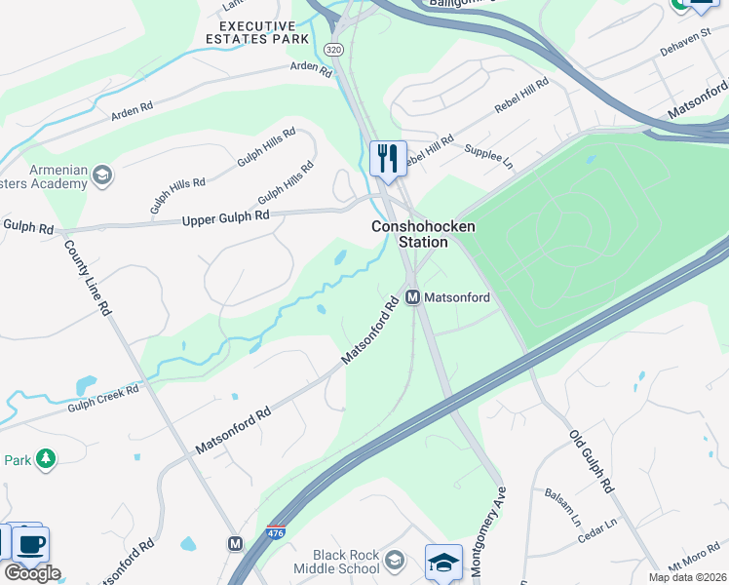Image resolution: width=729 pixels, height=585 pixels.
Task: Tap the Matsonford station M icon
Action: click(412, 296)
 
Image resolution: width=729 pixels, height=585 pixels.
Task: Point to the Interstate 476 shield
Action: click(276, 533)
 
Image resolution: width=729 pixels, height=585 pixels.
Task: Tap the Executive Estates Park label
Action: click(257, 32)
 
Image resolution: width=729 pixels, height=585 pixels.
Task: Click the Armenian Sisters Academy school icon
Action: click(100, 175)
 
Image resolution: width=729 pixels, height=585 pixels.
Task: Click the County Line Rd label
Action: click(87, 277)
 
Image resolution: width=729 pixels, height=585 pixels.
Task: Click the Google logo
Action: click(32, 573)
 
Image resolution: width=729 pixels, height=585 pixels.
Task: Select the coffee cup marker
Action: click(31, 543)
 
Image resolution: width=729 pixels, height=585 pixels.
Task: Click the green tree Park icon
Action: click(44, 458)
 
